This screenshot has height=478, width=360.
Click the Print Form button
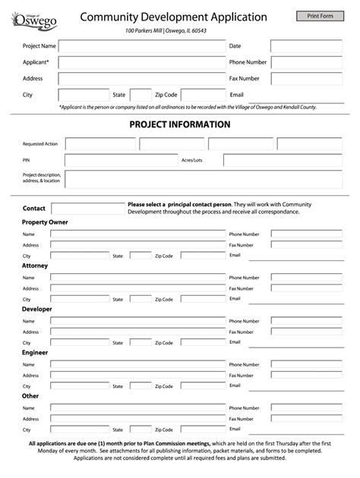click(x=320, y=16)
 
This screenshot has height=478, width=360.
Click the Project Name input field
click(x=142, y=46)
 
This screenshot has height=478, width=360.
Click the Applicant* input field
click(x=142, y=62)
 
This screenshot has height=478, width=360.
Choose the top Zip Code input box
click(x=203, y=95)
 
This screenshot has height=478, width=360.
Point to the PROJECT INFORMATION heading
click(x=180, y=124)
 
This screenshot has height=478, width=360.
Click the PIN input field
click(x=121, y=160)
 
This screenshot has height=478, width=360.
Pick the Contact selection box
click(x=87, y=208)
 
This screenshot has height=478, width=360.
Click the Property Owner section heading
click(x=45, y=222)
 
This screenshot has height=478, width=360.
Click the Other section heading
click(x=30, y=396)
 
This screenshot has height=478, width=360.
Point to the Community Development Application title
click(x=174, y=17)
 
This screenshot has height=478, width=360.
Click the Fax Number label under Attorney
click(x=242, y=288)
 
